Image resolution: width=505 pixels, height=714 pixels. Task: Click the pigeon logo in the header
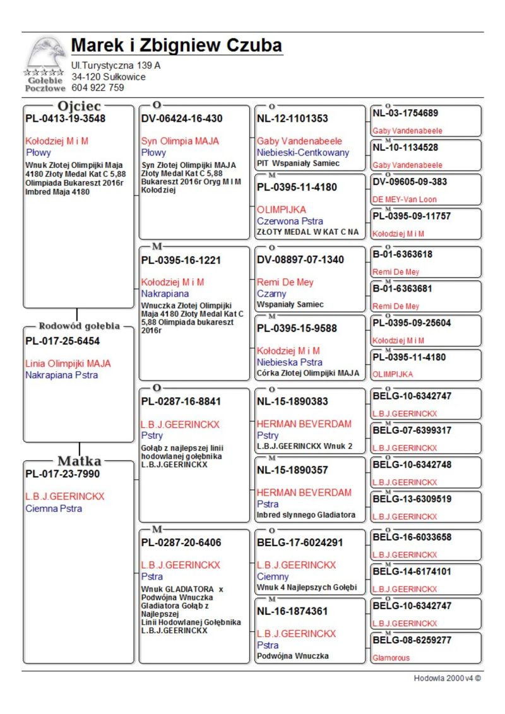(45, 52)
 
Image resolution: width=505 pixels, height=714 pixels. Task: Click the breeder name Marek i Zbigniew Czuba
(176, 46)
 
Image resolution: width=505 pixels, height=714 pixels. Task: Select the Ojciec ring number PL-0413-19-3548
(65, 118)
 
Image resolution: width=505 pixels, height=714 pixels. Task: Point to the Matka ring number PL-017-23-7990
(62, 473)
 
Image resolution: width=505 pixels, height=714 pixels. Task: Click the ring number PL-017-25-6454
(62, 341)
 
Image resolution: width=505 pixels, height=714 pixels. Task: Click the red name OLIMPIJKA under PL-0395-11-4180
(282, 209)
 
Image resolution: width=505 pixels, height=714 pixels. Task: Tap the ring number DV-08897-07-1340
(300, 259)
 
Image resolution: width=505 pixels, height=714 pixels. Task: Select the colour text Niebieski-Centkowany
(302, 152)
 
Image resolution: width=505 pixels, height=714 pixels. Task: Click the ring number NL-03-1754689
(406, 113)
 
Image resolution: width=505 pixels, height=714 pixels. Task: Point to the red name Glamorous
(391, 657)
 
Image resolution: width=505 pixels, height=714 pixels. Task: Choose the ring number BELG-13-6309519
(412, 499)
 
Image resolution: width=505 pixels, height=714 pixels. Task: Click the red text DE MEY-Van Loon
(405, 199)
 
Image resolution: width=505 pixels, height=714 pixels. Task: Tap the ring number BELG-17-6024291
(300, 542)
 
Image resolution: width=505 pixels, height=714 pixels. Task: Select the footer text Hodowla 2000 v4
(447, 678)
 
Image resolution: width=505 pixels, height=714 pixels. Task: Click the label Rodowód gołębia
(79, 326)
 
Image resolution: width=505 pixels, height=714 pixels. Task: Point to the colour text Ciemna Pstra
(54, 508)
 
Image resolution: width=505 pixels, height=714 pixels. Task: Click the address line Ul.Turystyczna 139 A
(116, 66)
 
